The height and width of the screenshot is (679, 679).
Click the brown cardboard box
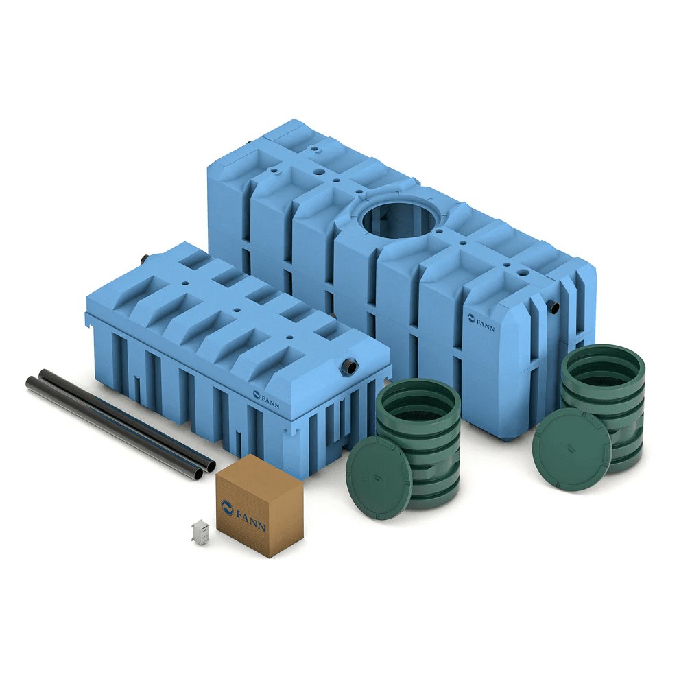[259, 505]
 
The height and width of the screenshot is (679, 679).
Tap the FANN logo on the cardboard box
[243, 516]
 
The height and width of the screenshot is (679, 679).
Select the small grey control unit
[200, 532]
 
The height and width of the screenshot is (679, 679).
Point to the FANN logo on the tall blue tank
[481, 321]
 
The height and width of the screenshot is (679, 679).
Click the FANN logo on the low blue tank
[266, 399]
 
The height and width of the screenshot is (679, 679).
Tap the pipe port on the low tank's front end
[349, 366]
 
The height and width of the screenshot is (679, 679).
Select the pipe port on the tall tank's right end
[554, 307]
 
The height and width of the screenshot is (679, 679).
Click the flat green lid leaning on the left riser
[379, 477]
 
